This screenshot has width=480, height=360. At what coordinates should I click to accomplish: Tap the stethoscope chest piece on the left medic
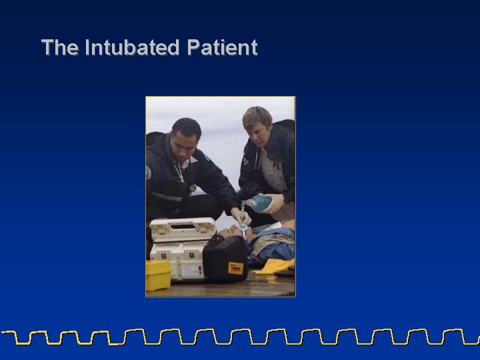[193, 187]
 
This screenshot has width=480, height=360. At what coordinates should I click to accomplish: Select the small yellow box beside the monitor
[159, 275]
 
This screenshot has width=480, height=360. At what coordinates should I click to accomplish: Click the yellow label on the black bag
[235, 268]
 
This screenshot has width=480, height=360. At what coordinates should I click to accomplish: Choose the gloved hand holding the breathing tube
[240, 216]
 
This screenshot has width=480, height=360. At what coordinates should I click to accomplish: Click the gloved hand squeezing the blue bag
[273, 203]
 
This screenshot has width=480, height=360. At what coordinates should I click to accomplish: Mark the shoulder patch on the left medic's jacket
[149, 171]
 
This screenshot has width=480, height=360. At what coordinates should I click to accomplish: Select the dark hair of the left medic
[186, 126]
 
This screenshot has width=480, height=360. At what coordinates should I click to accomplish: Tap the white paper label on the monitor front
[192, 270]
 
